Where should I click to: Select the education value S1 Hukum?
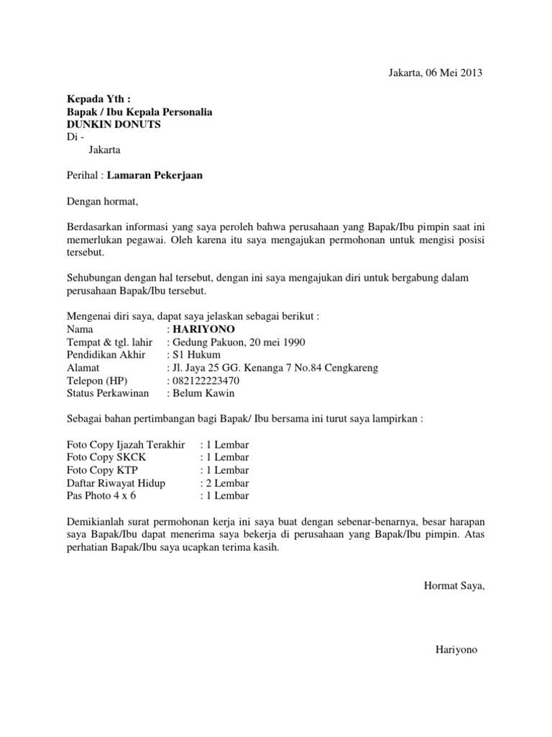pos(196,355)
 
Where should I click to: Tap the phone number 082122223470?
pos(205,381)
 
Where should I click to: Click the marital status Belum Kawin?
pos(203,394)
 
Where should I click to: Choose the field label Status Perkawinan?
pos(108,394)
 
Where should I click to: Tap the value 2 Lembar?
pos(228,483)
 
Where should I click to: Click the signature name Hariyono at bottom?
pos(456,650)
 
